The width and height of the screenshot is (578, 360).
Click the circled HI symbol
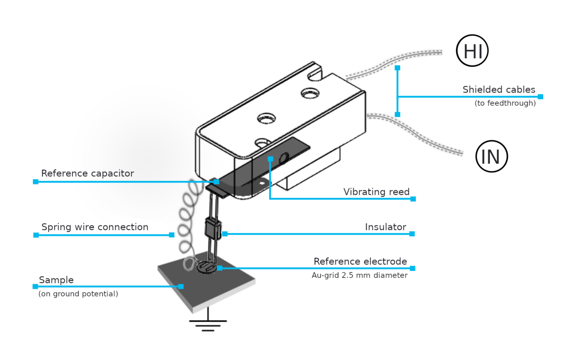472,51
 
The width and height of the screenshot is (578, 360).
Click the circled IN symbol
491,156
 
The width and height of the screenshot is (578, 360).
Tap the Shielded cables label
499,89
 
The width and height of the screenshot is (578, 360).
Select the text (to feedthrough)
505,103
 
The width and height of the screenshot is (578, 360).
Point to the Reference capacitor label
87,173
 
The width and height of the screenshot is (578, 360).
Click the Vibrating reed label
376,192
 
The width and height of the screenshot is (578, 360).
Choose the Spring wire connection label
95,227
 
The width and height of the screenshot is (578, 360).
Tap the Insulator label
385,227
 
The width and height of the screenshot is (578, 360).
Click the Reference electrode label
360,262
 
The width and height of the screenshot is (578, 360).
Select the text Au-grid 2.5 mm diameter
359,275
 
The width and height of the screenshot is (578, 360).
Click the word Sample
56,280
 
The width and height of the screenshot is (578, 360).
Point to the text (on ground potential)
78,294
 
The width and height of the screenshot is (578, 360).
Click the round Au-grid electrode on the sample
207,268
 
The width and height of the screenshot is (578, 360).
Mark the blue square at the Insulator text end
412,234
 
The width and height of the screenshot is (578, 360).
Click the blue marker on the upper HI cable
397,68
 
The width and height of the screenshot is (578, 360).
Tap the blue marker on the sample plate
181,286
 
